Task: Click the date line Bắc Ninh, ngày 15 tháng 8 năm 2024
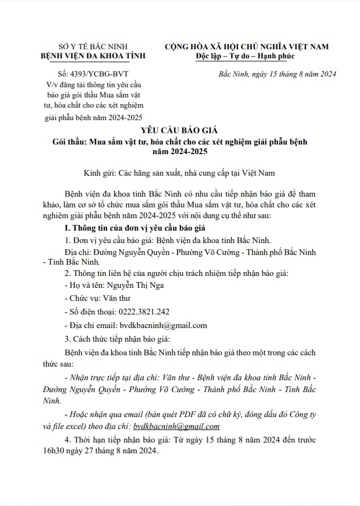pos(277,75)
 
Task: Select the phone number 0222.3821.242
pos(144,312)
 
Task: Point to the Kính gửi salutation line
pos(180,173)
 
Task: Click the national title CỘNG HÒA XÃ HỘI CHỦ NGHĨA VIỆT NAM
pos(247,46)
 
